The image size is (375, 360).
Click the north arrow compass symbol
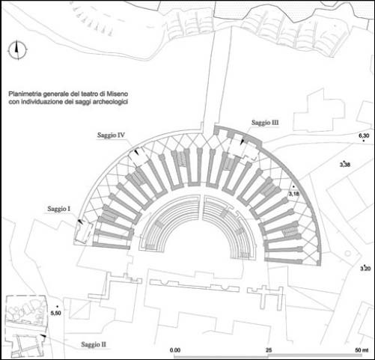[x=17, y=50]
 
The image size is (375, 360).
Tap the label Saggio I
[x=58, y=209]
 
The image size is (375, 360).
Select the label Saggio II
[x=94, y=344]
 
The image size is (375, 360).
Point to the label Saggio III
[x=265, y=123]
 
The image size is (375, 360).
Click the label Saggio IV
[x=111, y=135]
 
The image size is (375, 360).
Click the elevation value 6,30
[x=364, y=135]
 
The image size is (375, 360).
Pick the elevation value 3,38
[x=345, y=165]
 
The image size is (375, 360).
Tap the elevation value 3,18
[x=293, y=193]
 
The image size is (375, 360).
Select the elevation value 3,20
[x=365, y=269]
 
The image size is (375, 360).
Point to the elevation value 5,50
[x=55, y=313]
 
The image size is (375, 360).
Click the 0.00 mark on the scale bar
[x=175, y=350]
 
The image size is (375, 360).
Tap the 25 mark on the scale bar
[x=269, y=350]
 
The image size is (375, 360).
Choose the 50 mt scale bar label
[x=362, y=350]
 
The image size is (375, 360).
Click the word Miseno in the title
[x=118, y=94]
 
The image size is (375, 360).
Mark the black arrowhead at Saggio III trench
[x=242, y=141]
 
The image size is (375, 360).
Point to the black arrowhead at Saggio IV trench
[x=136, y=152]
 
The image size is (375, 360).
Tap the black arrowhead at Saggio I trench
[x=80, y=221]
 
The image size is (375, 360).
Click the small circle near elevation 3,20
[x=348, y=254]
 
